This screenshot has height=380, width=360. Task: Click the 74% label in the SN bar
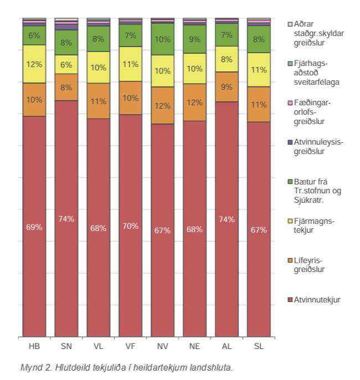pyautogui.click(x=66, y=219)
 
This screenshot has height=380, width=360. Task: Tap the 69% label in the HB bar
pyautogui.click(x=34, y=227)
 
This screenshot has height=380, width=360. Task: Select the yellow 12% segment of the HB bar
pyautogui.click(x=34, y=64)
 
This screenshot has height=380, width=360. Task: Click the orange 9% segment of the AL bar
pyautogui.click(x=227, y=86)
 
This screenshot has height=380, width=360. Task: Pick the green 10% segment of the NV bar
pyautogui.click(x=163, y=39)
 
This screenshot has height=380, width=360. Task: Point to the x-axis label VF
pyautogui.click(x=131, y=346)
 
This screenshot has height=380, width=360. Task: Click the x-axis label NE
pyautogui.click(x=194, y=346)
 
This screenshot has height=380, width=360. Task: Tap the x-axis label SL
pyautogui.click(x=259, y=346)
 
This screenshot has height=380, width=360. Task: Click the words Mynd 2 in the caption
pyautogui.click(x=34, y=367)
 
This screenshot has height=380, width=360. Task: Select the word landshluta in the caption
pyautogui.click(x=214, y=367)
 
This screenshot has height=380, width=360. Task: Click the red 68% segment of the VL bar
pyautogui.click(x=98, y=228)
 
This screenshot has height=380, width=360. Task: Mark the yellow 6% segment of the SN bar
pyautogui.click(x=66, y=64)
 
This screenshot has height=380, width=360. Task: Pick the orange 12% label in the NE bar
pyautogui.click(x=194, y=102)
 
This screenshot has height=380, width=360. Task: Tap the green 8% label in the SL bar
pyautogui.click(x=259, y=39)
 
